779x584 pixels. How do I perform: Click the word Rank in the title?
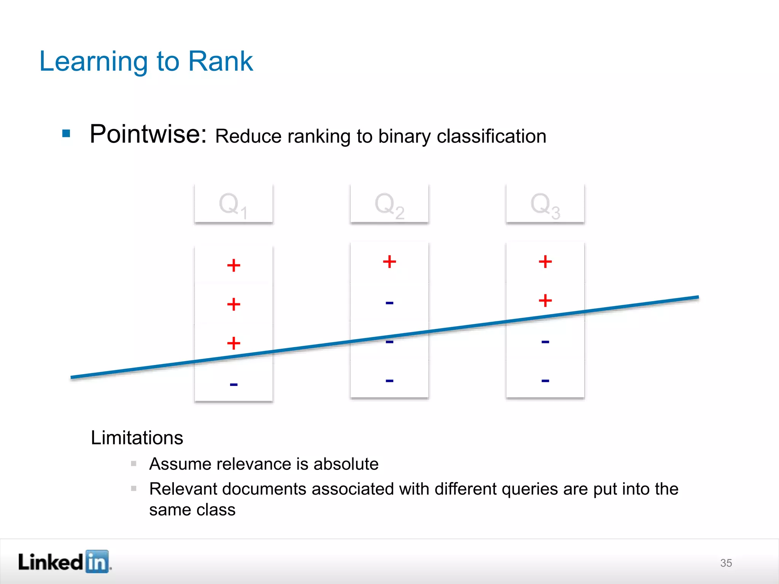click(x=221, y=61)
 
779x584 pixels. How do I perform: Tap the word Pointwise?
click(x=148, y=134)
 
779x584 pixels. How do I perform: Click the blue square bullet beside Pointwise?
click(x=66, y=133)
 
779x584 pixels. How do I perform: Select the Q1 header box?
click(x=234, y=204)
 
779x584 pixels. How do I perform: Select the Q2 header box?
click(x=389, y=204)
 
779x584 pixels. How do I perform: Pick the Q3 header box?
click(x=545, y=204)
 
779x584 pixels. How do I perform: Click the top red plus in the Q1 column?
click(x=234, y=265)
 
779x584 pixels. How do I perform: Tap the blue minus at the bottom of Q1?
click(x=234, y=385)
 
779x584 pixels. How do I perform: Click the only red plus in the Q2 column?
click(x=389, y=262)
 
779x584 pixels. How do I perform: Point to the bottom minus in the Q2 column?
click(x=389, y=381)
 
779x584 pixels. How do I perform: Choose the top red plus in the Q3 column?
click(x=545, y=262)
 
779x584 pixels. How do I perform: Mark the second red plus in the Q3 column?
click(x=545, y=300)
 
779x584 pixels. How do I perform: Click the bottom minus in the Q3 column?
click(x=545, y=381)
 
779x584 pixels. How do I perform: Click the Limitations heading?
click(x=137, y=438)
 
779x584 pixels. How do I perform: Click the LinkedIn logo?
click(x=65, y=562)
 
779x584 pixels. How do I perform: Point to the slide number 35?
click(x=726, y=563)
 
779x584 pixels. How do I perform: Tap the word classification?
click(x=491, y=136)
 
